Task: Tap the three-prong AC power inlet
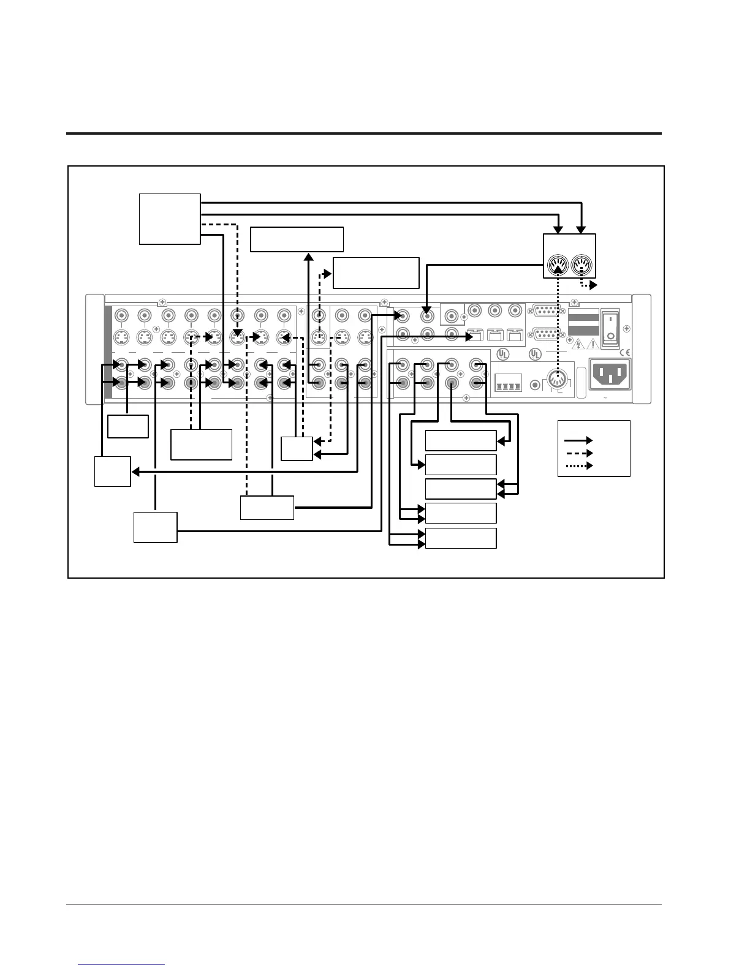609,373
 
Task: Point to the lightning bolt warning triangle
577,345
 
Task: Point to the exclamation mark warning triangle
592,345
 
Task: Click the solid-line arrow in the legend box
578,440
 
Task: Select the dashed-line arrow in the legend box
578,453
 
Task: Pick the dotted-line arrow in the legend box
578,466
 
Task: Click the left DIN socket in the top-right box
557,266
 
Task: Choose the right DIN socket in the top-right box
581,266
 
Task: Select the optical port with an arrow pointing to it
474,336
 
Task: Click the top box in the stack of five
460,440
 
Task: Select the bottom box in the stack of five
460,538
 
